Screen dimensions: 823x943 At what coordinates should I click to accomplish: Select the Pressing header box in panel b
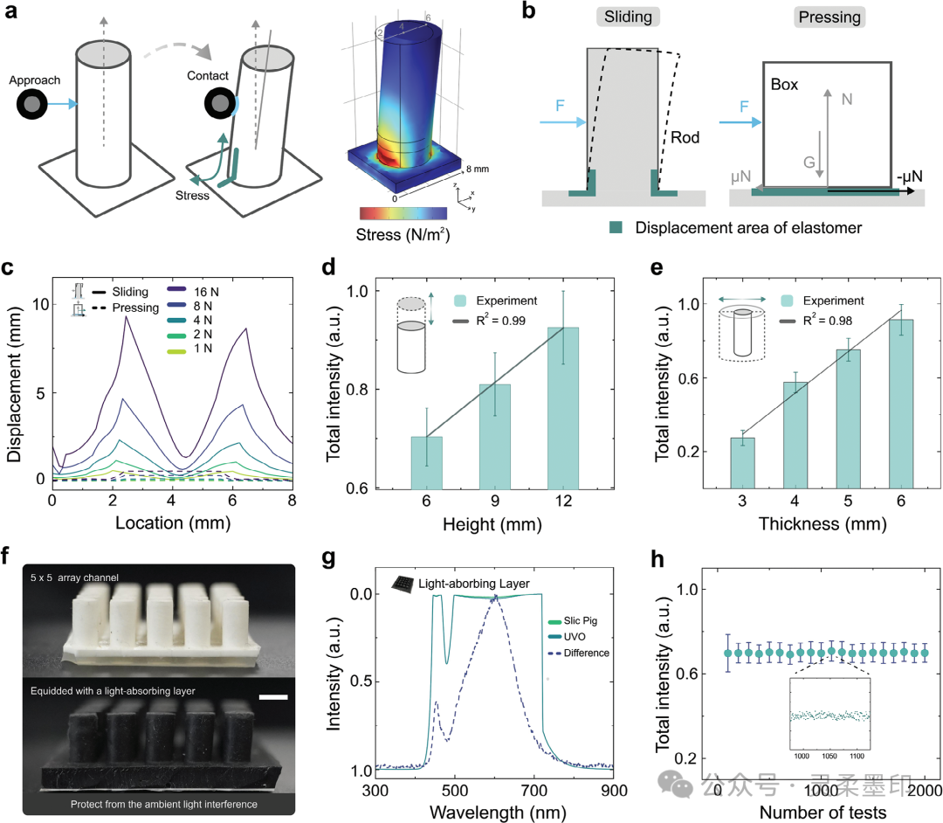pyautogui.click(x=826, y=17)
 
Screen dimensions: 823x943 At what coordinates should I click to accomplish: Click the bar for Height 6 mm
pyautogui.click(x=426, y=462)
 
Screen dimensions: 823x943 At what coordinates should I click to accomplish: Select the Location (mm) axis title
pyautogui.click(x=172, y=525)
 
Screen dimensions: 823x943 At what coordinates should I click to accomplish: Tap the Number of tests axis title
pyautogui.click(x=820, y=813)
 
